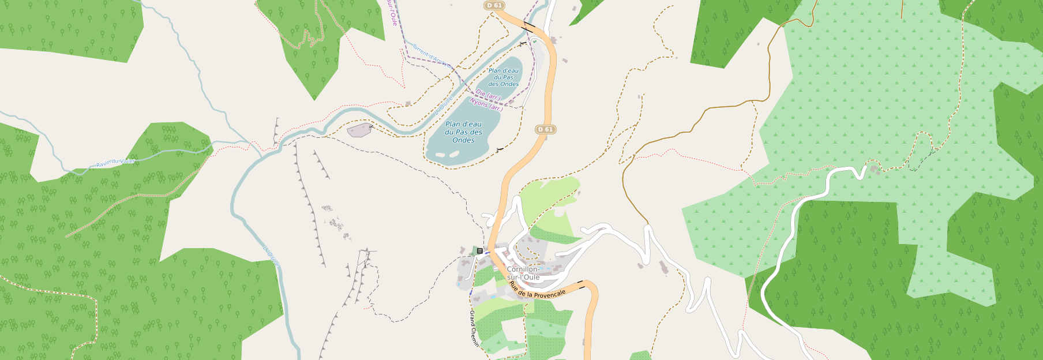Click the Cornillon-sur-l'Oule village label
point(523,273)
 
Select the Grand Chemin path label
point(474,328)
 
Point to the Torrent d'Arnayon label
point(430,55)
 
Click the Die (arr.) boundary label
point(489,94)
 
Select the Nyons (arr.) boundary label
point(486,104)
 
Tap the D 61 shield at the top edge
point(494,5)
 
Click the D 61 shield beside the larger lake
point(545,129)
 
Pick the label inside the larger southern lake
point(463,132)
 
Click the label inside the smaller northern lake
point(503,77)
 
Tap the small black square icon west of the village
point(479,250)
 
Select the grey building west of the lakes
point(360,130)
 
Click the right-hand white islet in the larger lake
point(454,153)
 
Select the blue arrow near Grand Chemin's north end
point(470,291)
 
